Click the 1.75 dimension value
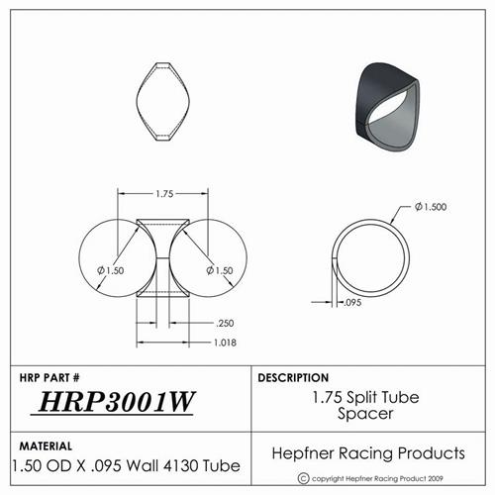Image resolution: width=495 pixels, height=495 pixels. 164,194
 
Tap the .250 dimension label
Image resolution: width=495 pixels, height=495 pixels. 225,323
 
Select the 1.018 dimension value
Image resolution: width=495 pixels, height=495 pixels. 225,343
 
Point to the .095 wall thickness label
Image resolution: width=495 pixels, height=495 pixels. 352,302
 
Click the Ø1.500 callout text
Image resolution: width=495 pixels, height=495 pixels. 431,207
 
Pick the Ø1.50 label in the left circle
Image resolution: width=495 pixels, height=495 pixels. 111,270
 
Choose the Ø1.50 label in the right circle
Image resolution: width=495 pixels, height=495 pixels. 220,270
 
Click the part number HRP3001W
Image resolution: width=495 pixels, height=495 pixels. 117,402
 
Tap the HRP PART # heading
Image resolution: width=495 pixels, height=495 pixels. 49,377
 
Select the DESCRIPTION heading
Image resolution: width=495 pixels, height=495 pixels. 293,377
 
